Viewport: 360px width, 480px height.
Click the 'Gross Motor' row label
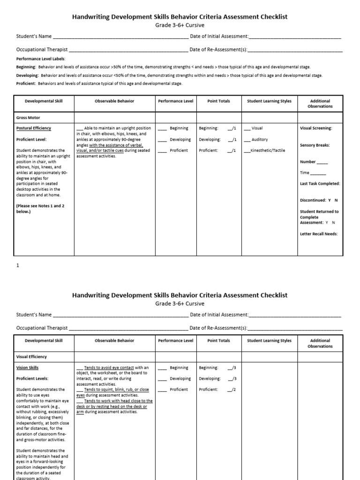[x=29, y=117]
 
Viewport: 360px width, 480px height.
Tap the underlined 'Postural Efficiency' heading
[x=34, y=128]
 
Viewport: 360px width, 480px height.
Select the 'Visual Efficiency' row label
[x=31, y=357]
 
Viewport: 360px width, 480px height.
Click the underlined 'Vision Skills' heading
[x=27, y=368]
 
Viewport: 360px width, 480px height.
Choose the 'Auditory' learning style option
[x=260, y=139]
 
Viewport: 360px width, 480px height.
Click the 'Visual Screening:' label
[x=316, y=128]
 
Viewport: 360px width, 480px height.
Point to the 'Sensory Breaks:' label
[x=315, y=145]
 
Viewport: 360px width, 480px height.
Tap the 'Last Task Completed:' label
[x=320, y=184]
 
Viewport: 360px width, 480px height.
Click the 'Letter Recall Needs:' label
[x=319, y=233]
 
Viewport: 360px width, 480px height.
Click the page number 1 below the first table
[x=18, y=265]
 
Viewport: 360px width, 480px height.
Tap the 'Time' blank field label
[x=305, y=172]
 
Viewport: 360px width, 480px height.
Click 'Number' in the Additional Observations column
[x=308, y=162]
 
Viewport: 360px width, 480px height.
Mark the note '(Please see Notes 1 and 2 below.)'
[x=40, y=209]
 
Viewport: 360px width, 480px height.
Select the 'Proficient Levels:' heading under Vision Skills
[x=32, y=378]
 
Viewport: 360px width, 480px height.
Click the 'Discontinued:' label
[x=313, y=200]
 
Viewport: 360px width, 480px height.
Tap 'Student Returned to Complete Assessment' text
[x=319, y=217]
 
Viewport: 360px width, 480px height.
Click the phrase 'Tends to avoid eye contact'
[x=109, y=367]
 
